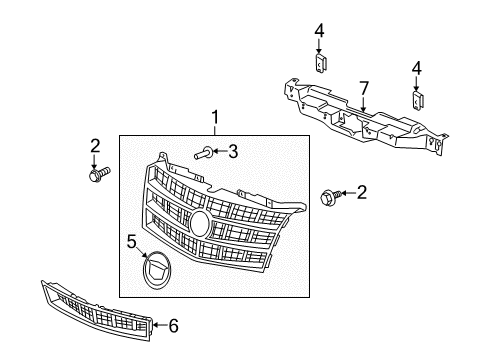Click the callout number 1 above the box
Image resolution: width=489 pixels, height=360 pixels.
click(x=213, y=120)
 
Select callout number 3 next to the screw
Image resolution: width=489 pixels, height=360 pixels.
click(x=232, y=152)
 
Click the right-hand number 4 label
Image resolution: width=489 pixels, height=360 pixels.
click(x=417, y=70)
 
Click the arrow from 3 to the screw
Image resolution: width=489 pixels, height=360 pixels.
click(x=219, y=152)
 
